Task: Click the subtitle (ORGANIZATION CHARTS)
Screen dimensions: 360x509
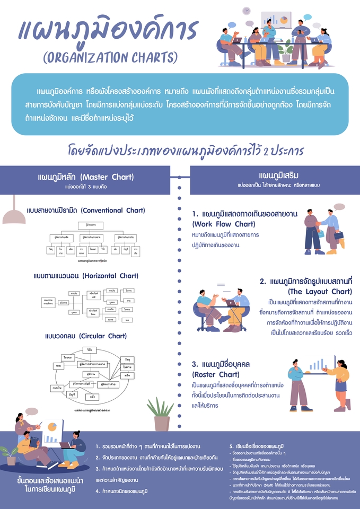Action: coord(110,57)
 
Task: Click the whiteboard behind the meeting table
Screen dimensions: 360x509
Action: coord(284,21)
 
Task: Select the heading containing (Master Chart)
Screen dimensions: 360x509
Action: coord(86,177)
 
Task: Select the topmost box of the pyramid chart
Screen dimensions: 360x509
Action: coord(90,225)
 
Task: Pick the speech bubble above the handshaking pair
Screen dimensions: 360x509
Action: coord(339,207)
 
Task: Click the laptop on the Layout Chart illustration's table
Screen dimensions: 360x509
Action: coord(232,303)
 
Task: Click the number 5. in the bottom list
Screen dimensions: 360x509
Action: coord(231,445)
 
